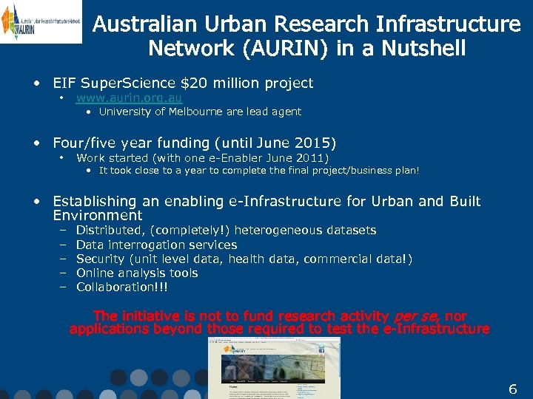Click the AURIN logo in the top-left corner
tap(41, 21)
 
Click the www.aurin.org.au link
tap(129, 98)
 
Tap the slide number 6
tap(512, 389)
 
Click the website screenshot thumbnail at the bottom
tap(275, 367)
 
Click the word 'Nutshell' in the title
tap(420, 49)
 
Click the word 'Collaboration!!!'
tap(122, 287)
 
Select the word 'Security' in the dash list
tap(100, 259)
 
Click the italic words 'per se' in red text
tap(418, 316)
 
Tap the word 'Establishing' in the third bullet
tap(95, 201)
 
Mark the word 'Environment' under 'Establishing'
tap(98, 215)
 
